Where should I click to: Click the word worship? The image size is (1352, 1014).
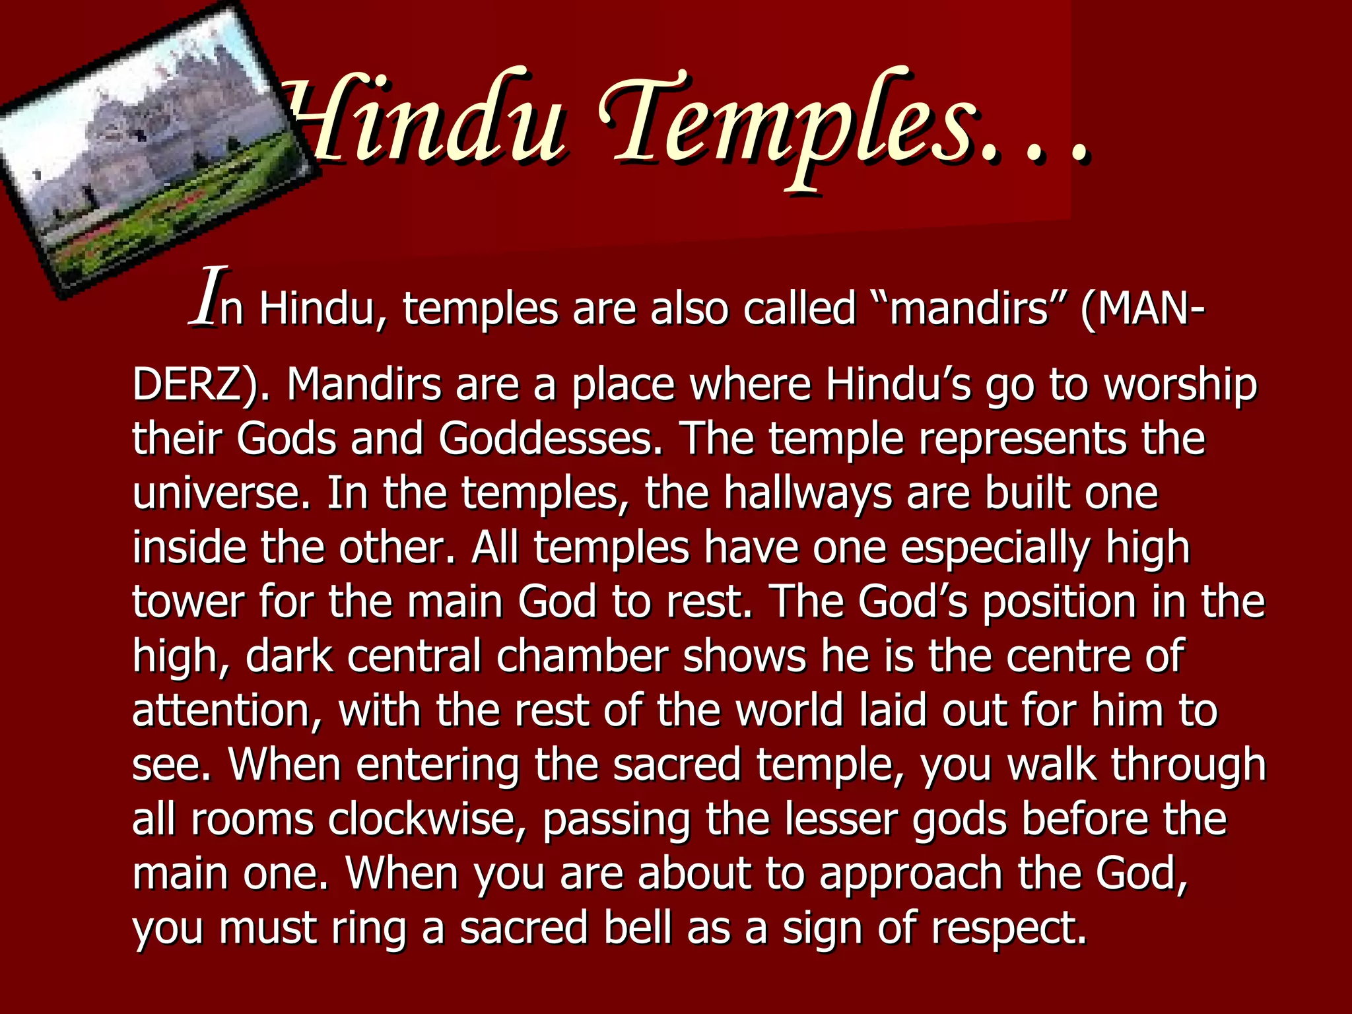coord(1181,384)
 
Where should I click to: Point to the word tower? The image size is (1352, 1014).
coord(188,601)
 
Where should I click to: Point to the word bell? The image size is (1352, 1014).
coord(637,928)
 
